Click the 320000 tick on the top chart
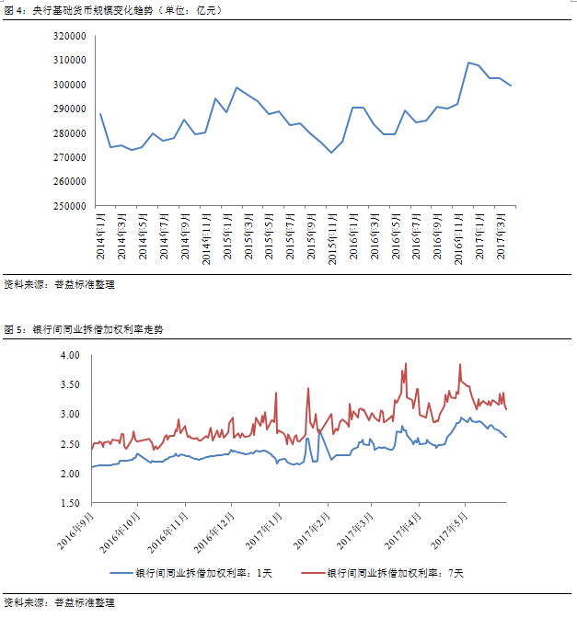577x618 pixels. (70, 36)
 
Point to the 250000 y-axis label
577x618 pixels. (70, 206)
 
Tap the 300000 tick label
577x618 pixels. (70, 85)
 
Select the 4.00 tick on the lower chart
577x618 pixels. (72, 355)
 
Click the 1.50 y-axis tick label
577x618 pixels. (72, 504)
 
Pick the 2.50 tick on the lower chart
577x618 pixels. (72, 444)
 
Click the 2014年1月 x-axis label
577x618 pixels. (100, 238)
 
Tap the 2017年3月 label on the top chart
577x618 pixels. (500, 238)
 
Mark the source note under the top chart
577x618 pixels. (59, 284)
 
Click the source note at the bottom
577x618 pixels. (59, 603)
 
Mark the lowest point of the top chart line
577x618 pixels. (331, 153)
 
